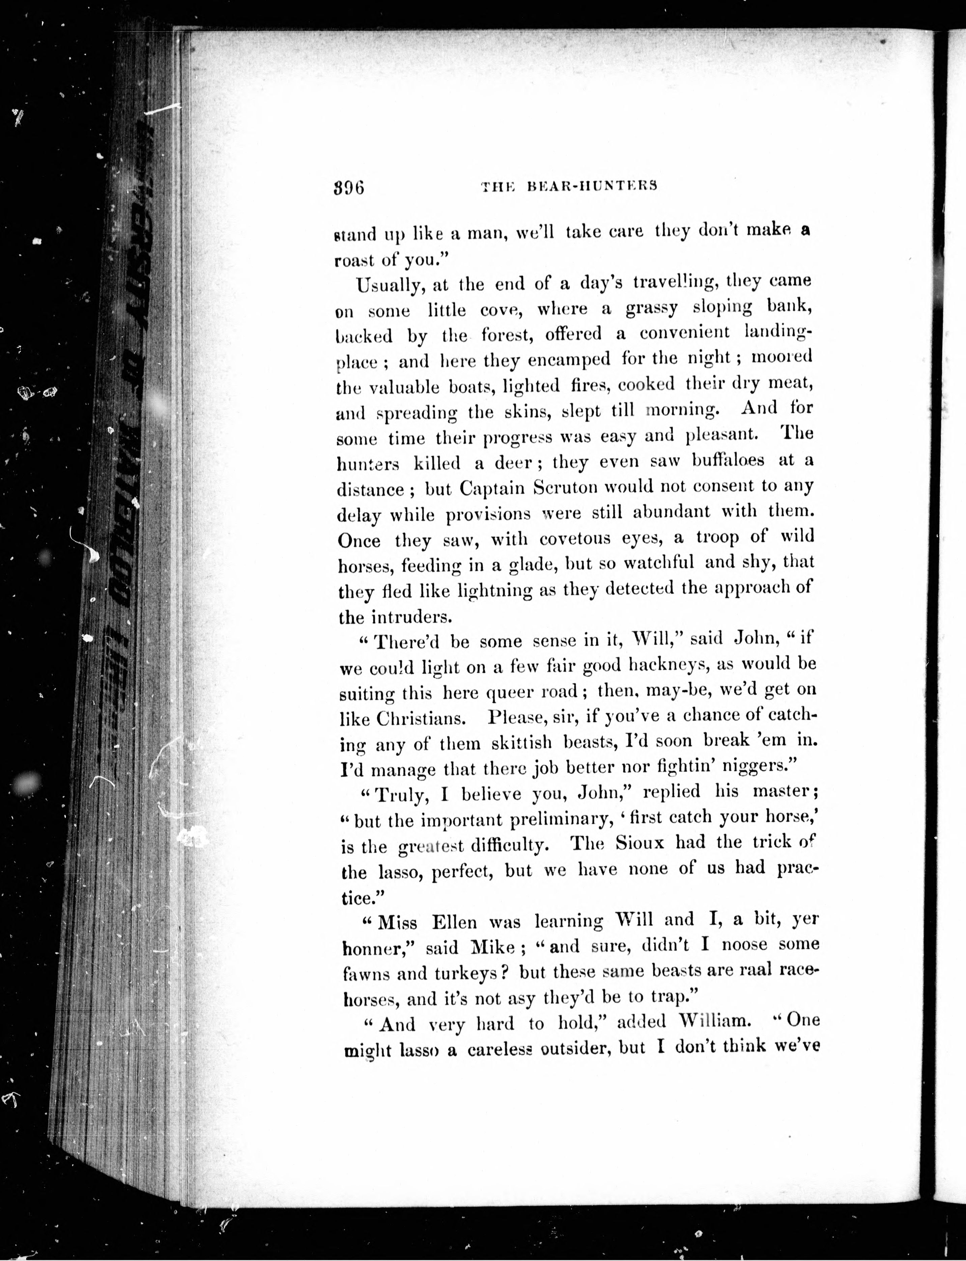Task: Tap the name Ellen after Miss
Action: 454,922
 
